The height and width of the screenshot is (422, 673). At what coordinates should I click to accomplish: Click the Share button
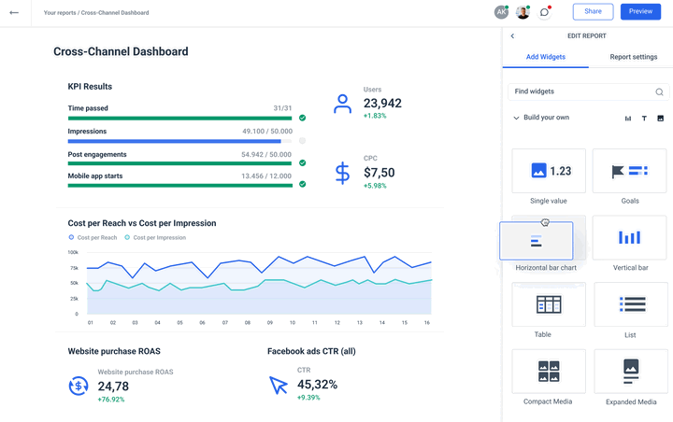[593, 11]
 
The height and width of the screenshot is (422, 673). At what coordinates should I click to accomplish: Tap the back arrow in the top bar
[14, 12]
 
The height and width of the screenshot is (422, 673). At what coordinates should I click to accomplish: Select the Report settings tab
[633, 57]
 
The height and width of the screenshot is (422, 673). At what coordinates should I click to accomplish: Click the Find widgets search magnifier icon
[659, 91]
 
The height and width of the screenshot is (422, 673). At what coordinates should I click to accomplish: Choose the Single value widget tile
[549, 171]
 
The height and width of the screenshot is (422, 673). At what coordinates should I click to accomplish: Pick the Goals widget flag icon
[618, 171]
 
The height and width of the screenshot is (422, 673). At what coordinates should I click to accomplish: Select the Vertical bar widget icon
[629, 237]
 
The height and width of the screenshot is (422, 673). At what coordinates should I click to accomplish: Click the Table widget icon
[549, 304]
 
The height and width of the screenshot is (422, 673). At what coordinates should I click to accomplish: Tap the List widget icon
[632, 304]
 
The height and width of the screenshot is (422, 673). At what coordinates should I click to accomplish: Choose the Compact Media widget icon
[549, 371]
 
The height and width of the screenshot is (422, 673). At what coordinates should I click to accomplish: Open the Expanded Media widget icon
[631, 372]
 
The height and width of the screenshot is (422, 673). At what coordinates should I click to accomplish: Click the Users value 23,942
[382, 104]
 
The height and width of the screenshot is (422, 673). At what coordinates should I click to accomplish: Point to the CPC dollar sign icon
[342, 173]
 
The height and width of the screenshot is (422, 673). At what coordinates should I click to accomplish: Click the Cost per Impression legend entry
[155, 237]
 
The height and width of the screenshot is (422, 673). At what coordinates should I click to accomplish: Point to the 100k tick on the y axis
[73, 252]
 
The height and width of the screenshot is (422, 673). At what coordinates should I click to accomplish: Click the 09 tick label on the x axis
[270, 322]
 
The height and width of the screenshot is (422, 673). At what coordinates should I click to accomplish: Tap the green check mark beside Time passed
[303, 118]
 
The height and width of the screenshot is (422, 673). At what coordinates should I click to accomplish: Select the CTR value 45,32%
[317, 385]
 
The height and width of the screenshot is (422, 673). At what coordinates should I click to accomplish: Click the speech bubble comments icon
[544, 12]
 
